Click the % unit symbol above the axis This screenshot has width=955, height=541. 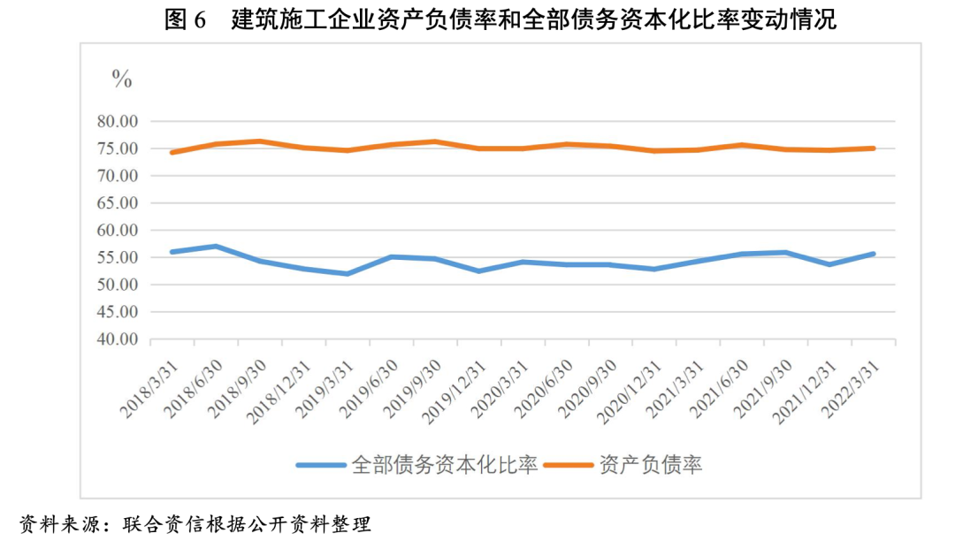coord(121,79)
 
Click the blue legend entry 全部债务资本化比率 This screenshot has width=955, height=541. coord(444,464)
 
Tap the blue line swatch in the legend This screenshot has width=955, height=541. coord(320,465)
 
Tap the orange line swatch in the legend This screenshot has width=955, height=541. coord(569,465)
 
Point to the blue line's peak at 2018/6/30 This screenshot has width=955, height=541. coord(216,246)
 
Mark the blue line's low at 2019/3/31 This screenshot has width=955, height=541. coord(347,273)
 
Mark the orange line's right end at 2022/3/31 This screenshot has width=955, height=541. coord(873,149)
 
